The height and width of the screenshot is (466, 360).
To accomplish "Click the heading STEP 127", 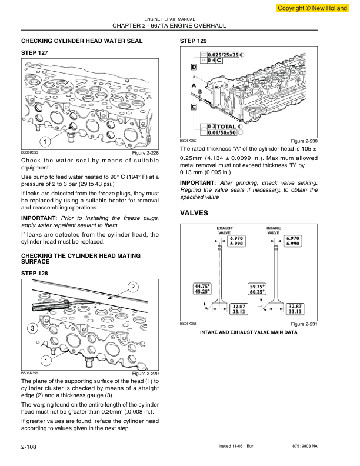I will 34,53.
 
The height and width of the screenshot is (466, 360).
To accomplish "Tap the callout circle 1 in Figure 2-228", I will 44,141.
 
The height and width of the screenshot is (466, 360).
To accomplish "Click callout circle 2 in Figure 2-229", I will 133,287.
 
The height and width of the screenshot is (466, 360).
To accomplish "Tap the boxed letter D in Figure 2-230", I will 194,68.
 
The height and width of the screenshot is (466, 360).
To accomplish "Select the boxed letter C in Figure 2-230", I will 194,106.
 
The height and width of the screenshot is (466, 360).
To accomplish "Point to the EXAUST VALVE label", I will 225,229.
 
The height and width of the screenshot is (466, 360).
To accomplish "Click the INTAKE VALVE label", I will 274,229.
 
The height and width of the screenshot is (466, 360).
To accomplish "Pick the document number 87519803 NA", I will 321,448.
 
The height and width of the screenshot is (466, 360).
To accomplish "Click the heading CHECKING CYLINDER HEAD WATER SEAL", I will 81,41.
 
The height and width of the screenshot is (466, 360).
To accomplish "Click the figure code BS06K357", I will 187,141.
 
